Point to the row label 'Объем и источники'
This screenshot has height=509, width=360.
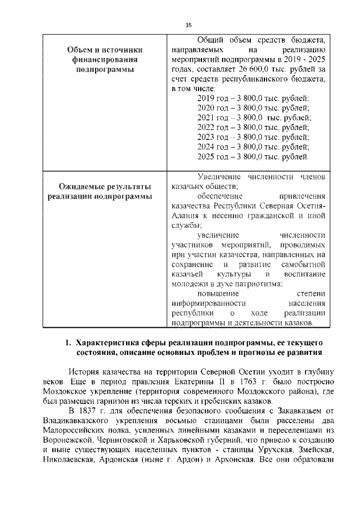point(105,49)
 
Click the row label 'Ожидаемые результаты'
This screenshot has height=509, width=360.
point(105,187)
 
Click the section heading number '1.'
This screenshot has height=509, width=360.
point(67,343)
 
